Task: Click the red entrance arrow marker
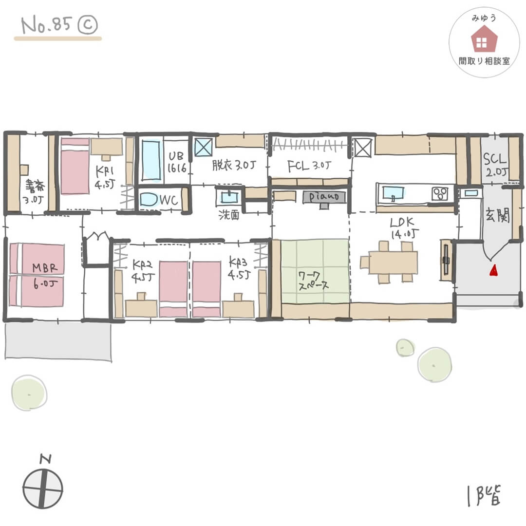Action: [493, 270]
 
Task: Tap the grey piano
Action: [324, 197]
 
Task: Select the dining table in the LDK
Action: [393, 262]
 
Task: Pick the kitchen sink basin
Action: [393, 193]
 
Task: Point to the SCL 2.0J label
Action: [495, 165]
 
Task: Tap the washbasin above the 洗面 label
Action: [227, 197]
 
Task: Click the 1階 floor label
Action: [483, 494]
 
